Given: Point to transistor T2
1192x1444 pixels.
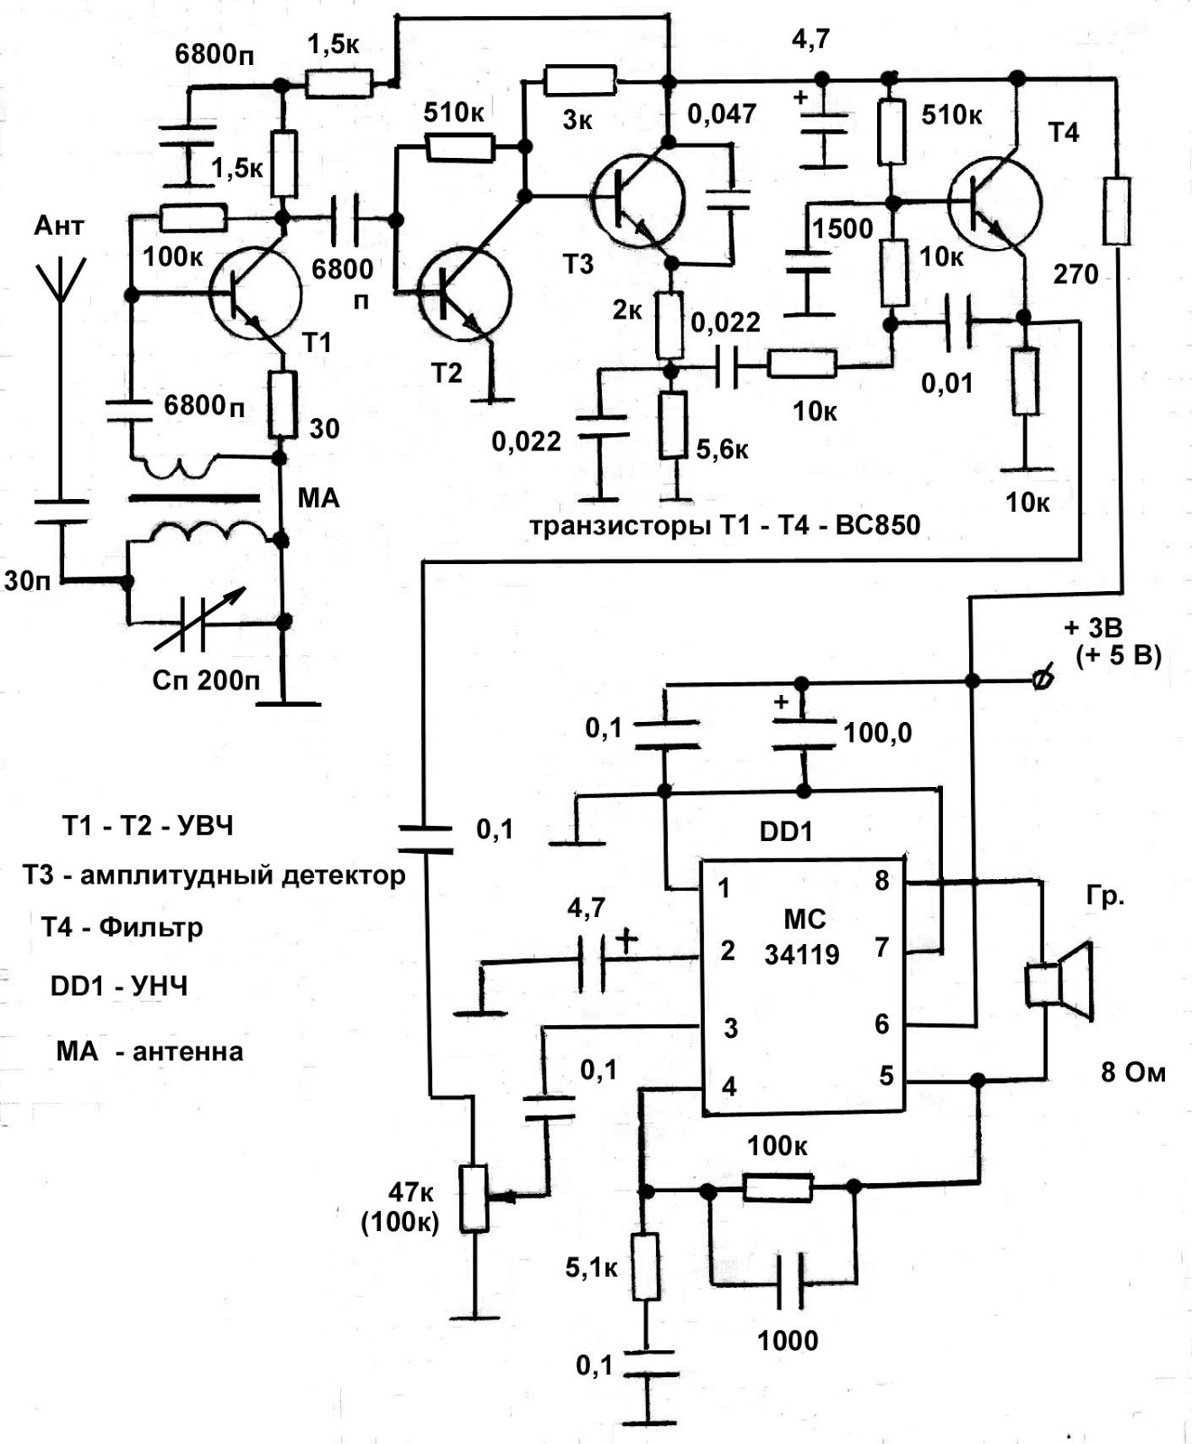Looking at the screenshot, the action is tap(464, 293).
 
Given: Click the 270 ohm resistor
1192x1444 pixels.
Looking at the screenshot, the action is tap(1117, 211).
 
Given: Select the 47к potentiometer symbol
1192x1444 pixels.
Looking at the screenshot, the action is tap(475, 1199).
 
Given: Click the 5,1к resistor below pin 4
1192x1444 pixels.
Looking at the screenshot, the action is tap(644, 1266).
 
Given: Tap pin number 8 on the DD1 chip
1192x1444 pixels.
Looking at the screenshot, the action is tap(882, 881).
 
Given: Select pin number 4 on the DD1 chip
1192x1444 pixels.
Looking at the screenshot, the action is tap(729, 1086).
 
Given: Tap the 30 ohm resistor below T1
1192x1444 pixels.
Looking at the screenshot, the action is tap(283, 403).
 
